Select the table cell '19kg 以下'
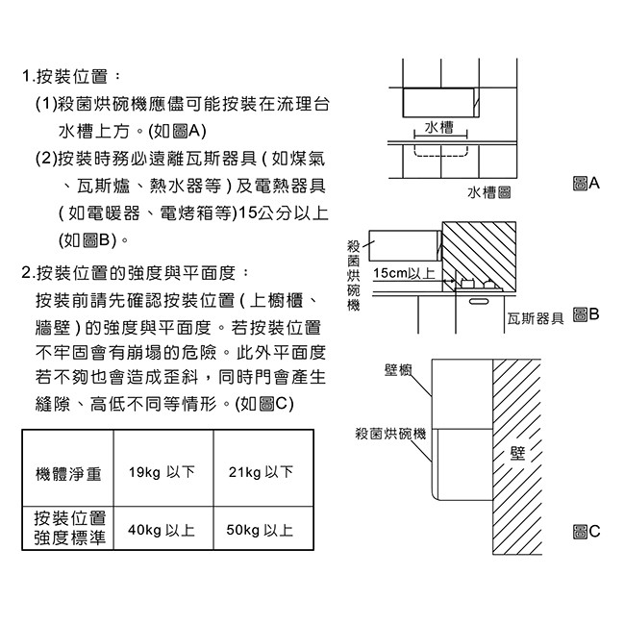tap(162, 473)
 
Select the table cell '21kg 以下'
tap(262, 473)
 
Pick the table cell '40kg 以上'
tap(162, 530)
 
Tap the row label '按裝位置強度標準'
tap(69, 529)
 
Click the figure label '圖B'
tap(585, 315)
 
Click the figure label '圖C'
tap(585, 531)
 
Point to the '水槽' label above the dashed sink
tap(438, 128)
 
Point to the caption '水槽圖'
tap(489, 194)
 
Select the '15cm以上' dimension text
tap(404, 274)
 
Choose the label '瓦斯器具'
tap(535, 318)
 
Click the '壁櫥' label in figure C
tap(398, 371)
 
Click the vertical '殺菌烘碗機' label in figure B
tap(353, 276)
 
